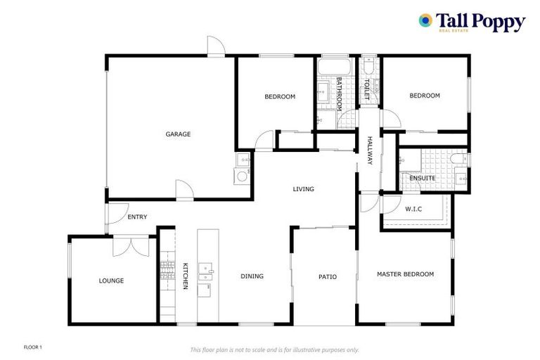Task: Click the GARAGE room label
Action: pos(178,134)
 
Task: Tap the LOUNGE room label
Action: pos(111,281)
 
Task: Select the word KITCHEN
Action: pos(186,276)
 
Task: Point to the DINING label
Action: pos(252,276)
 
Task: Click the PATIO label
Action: pos(327,276)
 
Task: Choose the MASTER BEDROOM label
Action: pos(405,274)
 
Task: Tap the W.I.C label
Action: pos(413,209)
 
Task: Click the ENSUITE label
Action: pos(422,178)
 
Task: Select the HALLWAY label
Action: pos(368,150)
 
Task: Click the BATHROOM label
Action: pos(339,94)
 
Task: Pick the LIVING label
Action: pos(303,189)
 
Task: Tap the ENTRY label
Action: pos(137,217)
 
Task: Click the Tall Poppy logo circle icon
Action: pos(425,21)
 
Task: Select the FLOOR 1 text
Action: pos(34,347)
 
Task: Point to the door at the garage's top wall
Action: pos(216,46)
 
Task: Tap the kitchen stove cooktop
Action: pos(167,270)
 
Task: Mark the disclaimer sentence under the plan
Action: pos(274,349)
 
